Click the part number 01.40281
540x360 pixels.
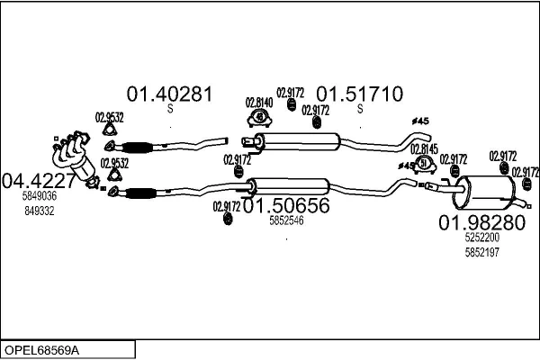click(x=168, y=94)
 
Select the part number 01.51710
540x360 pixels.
click(x=358, y=94)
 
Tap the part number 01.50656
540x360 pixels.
click(x=286, y=205)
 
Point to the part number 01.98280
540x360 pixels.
click(x=481, y=223)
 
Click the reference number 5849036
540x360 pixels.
click(x=40, y=195)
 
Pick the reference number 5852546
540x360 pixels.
click(x=286, y=220)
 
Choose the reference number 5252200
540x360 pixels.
click(x=482, y=239)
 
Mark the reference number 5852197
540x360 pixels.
click(x=482, y=253)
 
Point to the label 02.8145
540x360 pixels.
click(x=424, y=148)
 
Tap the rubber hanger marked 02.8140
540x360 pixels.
click(x=259, y=119)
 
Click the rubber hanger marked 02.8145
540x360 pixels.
click(x=425, y=164)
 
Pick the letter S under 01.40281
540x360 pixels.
click(x=169, y=110)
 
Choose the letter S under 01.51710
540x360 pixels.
click(x=359, y=110)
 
